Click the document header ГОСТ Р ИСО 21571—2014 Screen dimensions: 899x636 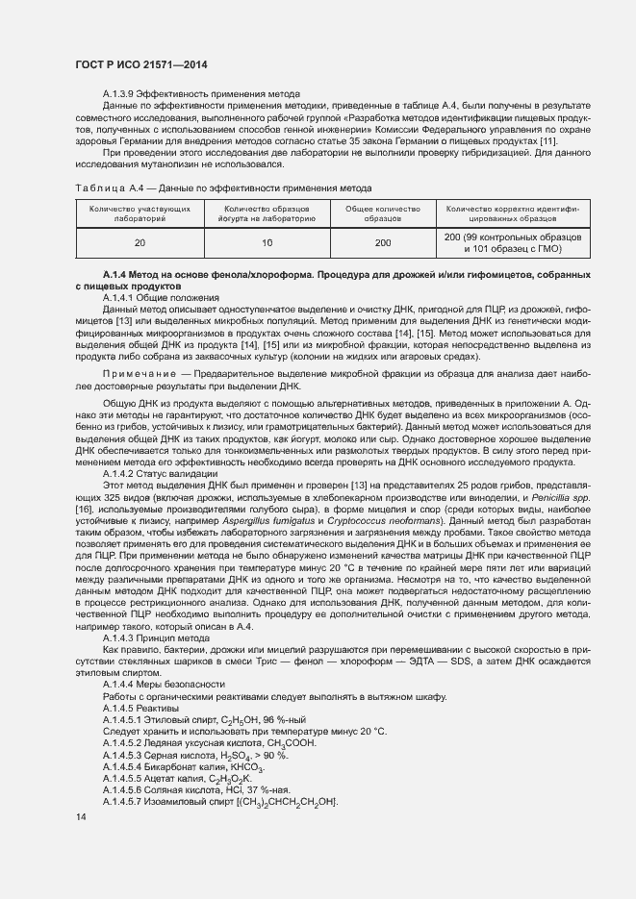click(141, 64)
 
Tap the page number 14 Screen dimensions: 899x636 click(80, 816)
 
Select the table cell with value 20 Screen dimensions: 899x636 click(140, 243)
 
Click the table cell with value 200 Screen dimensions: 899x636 click(382, 243)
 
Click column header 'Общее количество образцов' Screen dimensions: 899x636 click(382, 213)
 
